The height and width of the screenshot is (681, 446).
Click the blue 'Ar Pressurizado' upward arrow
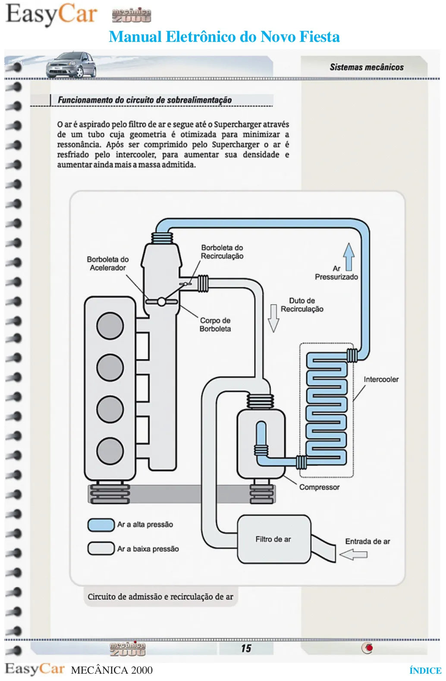pyautogui.click(x=349, y=257)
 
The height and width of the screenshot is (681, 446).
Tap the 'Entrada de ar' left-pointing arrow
pyautogui.click(x=353, y=554)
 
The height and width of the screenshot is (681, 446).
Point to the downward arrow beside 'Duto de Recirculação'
pyautogui.click(x=273, y=319)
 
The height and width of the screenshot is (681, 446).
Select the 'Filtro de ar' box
pyautogui.click(x=274, y=539)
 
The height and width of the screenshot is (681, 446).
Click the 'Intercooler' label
pyautogui.click(x=381, y=379)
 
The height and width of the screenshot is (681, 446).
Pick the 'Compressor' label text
pyautogui.click(x=319, y=487)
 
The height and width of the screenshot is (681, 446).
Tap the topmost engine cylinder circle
pyautogui.click(x=110, y=326)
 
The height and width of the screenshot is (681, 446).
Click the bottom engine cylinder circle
pyautogui.click(x=110, y=451)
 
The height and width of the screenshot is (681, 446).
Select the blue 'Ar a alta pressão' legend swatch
pyautogui.click(x=101, y=525)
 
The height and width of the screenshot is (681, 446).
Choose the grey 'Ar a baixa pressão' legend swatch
pyautogui.click(x=101, y=549)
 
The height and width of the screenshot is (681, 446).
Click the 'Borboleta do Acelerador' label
pyautogui.click(x=108, y=264)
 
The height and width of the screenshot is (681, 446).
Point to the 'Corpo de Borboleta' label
pyautogui.click(x=215, y=325)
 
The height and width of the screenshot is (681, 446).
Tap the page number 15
pyautogui.click(x=246, y=649)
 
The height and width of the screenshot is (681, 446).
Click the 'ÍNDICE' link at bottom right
pyautogui.click(x=425, y=670)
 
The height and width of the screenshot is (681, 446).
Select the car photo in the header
pyautogui.click(x=71, y=65)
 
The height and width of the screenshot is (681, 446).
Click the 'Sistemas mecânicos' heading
pyautogui.click(x=367, y=67)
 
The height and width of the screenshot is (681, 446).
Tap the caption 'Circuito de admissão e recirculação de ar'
pyautogui.click(x=160, y=597)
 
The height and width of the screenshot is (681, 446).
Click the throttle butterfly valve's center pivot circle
pyautogui.click(x=162, y=302)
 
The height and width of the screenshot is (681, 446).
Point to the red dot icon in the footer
pyautogui.click(x=369, y=649)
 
